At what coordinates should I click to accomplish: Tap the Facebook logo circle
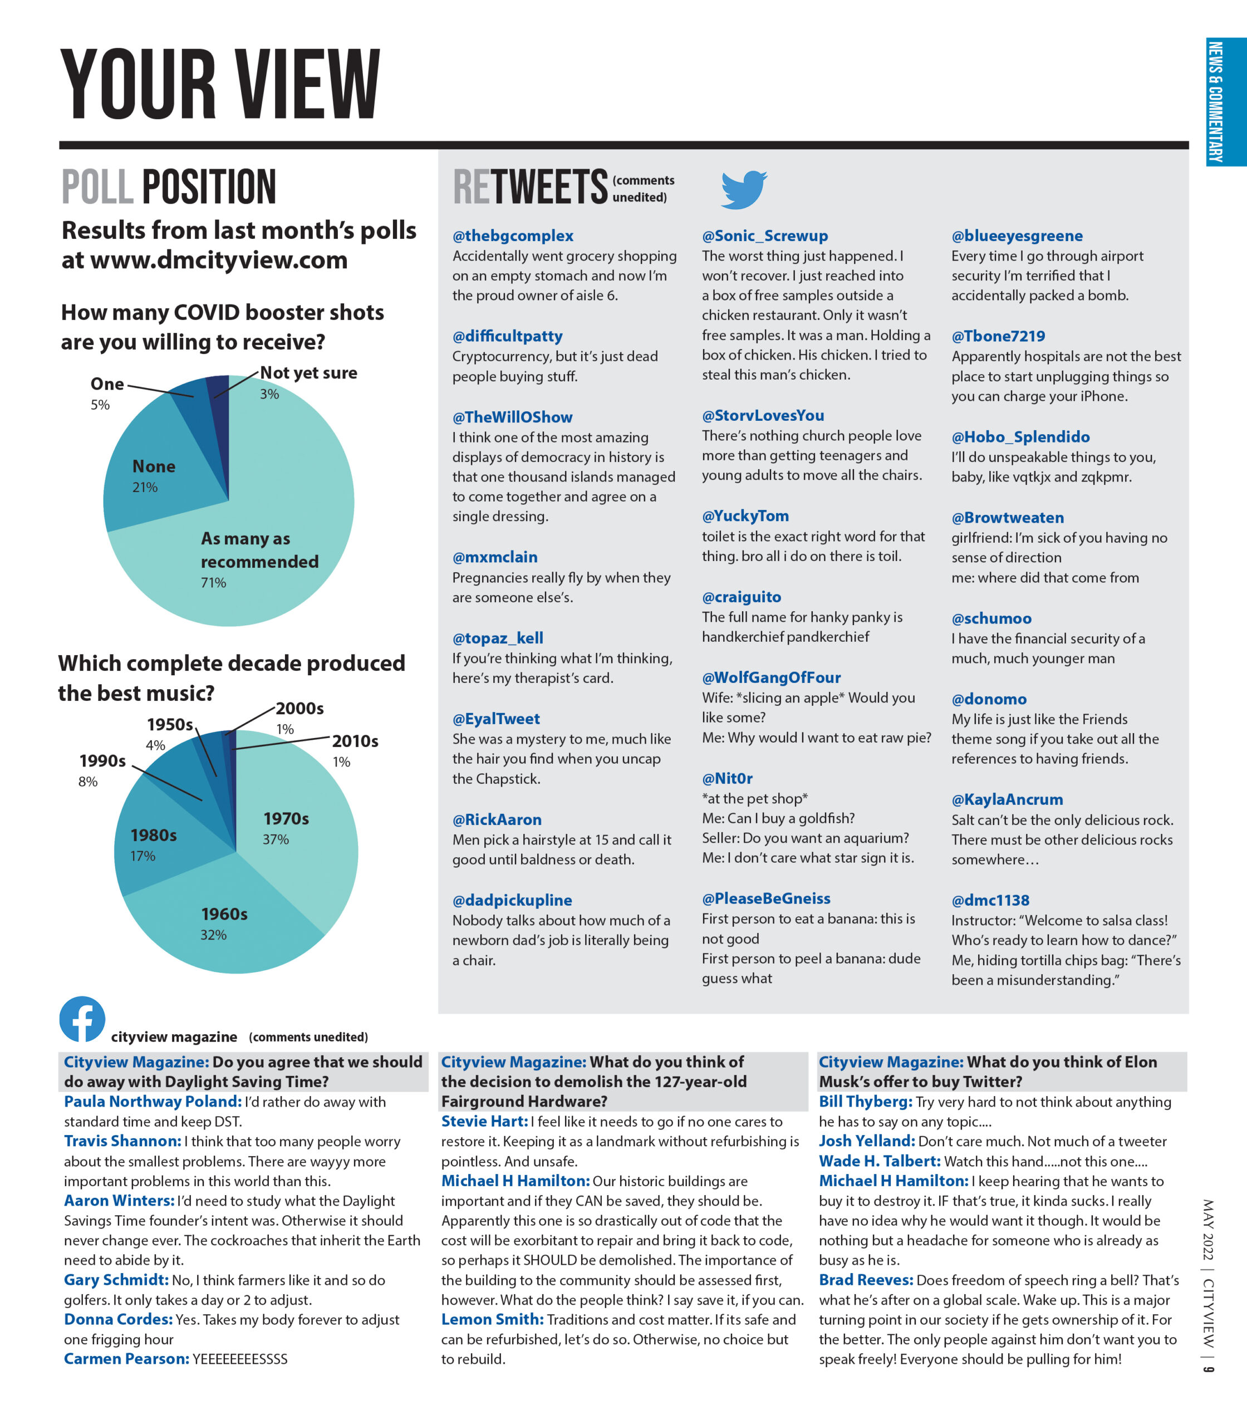[x=82, y=1019]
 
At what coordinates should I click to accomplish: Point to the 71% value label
[x=214, y=582]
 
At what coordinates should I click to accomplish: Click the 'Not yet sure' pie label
[x=308, y=373]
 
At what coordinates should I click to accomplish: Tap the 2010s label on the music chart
[x=355, y=741]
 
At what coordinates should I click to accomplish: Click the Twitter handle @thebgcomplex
[x=513, y=236]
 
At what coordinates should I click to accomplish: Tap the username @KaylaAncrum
[x=1007, y=799]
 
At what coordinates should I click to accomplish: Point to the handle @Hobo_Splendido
[x=1020, y=437]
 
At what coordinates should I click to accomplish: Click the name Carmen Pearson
[x=126, y=1359]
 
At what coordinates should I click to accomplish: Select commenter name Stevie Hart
[x=484, y=1121]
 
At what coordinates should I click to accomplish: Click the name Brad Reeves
[x=866, y=1280]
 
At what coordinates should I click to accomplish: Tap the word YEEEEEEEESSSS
[x=240, y=1359]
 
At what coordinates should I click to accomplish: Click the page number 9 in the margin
[x=1209, y=1369]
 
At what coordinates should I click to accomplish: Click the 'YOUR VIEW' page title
[x=220, y=85]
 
